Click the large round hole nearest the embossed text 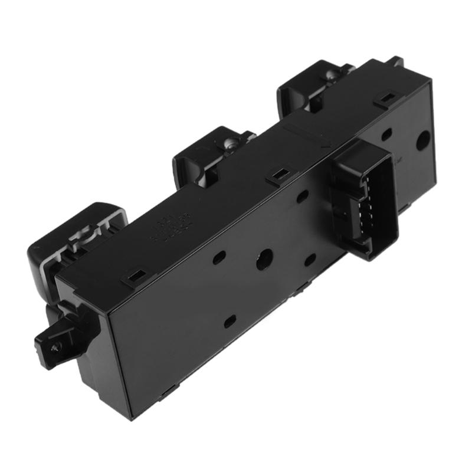pos(263,258)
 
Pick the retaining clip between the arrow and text pos(278,175)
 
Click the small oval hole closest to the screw pos(230,322)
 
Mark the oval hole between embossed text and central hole pos(219,257)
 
